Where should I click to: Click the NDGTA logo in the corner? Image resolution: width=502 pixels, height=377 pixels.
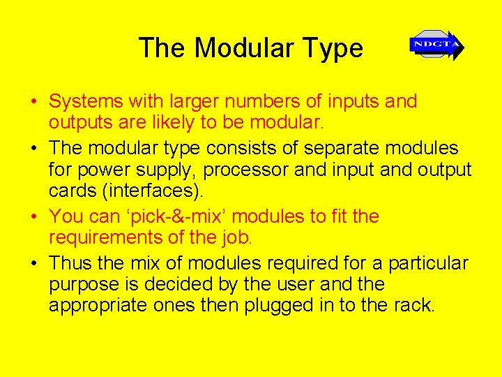pos(436,45)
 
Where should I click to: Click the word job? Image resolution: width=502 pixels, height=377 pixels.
pos(235,237)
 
